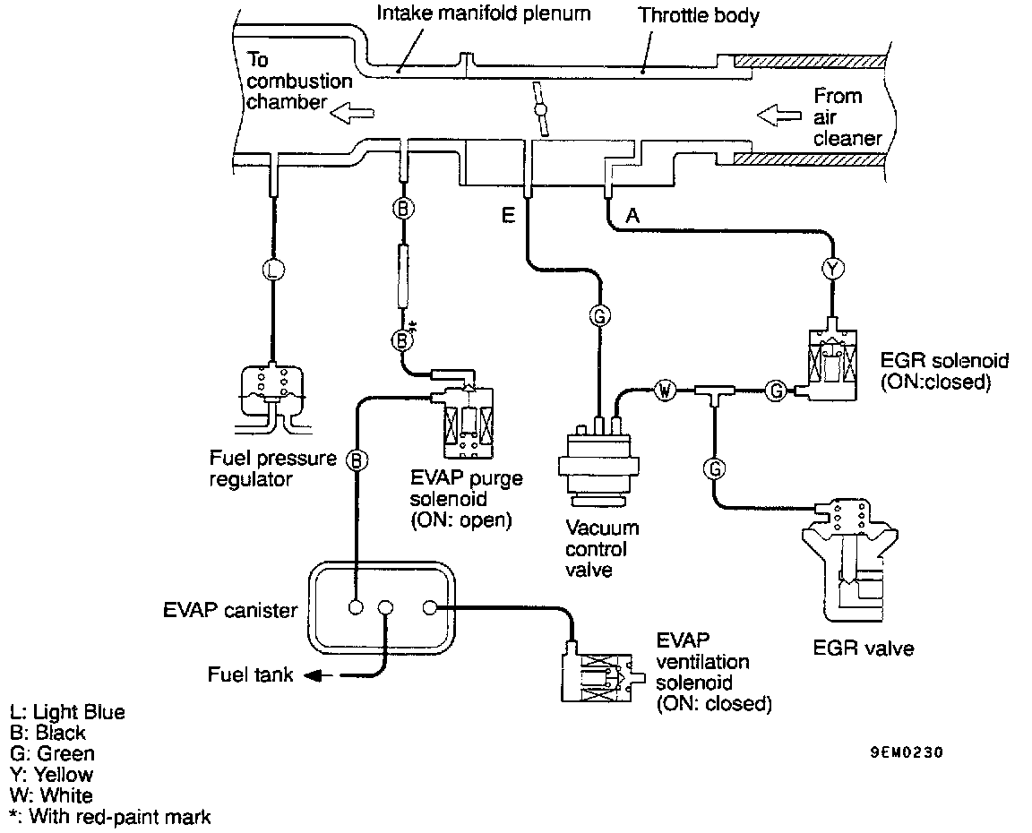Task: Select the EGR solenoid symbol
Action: [x=831, y=363]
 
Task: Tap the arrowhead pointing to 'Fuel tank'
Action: [x=314, y=675]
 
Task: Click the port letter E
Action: [x=508, y=216]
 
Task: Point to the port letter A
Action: [x=633, y=215]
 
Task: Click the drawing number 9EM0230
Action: [x=907, y=752]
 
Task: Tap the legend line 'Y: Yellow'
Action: [x=51, y=774]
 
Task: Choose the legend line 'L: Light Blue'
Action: [x=67, y=713]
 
